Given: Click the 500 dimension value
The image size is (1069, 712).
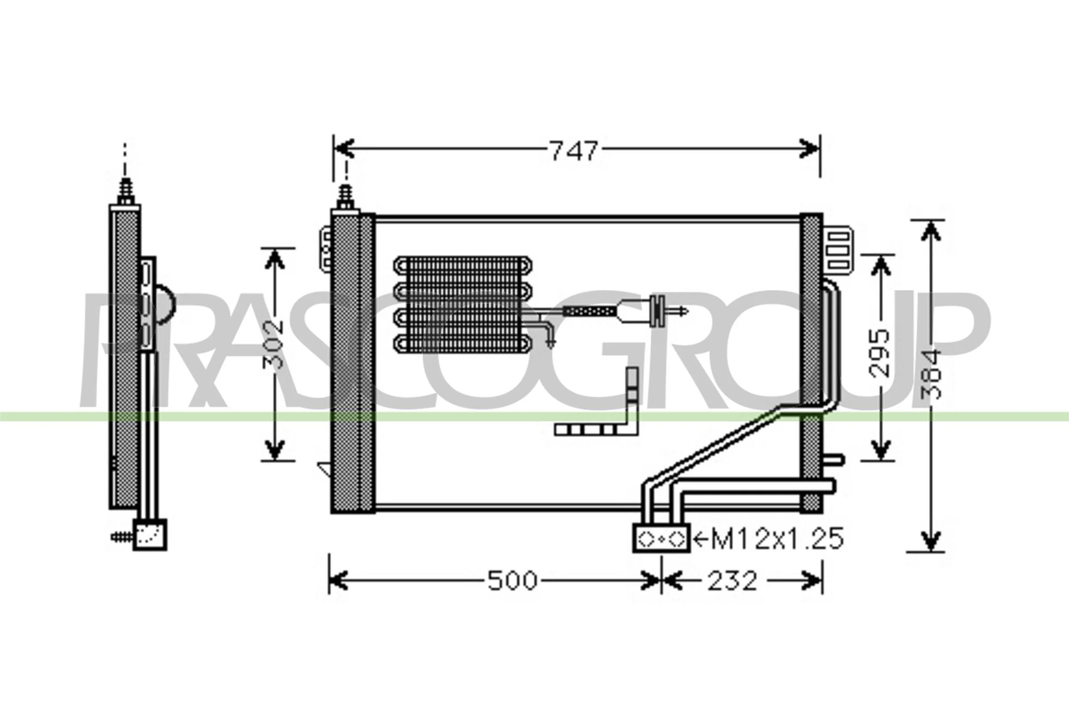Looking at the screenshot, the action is (512, 580).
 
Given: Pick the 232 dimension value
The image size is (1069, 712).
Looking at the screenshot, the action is (732, 580).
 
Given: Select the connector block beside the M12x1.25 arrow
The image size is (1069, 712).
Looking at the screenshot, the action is (661, 538).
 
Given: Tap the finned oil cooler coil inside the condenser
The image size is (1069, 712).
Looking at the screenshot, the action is (463, 305).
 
